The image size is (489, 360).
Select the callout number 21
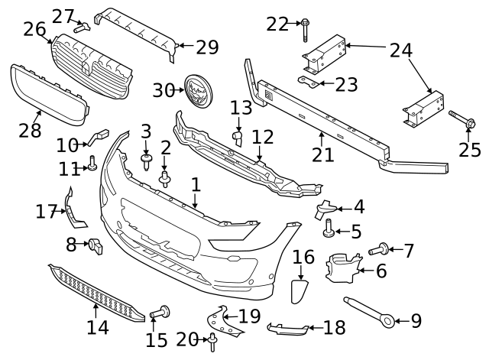point(322,154)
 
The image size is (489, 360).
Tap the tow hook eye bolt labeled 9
point(370,310)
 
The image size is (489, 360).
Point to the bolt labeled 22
point(306,27)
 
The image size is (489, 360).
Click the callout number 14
point(97,328)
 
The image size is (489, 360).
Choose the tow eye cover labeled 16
point(300,293)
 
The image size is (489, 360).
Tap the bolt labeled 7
point(379,248)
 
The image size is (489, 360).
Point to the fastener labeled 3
point(146,161)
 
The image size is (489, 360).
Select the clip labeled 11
point(92,162)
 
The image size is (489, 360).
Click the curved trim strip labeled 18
point(288,329)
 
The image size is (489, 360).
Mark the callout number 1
point(196,185)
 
